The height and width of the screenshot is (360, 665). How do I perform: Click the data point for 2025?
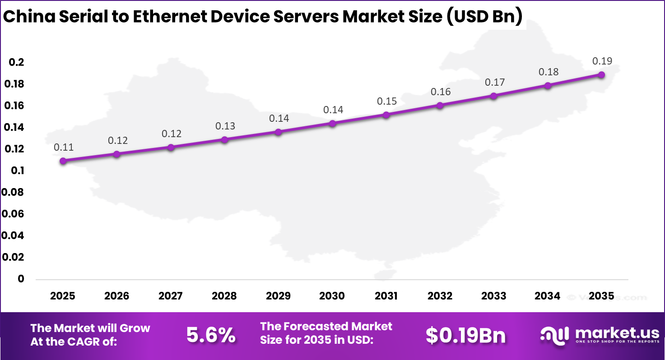click(x=63, y=161)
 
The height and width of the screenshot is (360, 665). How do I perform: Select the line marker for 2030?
click(x=332, y=123)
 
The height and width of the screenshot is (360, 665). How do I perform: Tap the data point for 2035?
click(x=601, y=74)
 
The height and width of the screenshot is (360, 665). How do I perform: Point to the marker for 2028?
click(x=224, y=139)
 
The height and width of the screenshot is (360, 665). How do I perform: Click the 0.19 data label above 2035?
click(x=602, y=61)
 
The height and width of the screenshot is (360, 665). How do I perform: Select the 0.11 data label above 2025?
click(x=64, y=147)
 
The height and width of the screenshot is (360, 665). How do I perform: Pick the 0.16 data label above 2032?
click(x=440, y=92)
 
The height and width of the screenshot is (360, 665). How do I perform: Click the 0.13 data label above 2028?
click(x=225, y=126)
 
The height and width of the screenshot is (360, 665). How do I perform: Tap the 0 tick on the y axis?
click(x=21, y=279)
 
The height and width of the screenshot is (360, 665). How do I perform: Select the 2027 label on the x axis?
click(x=171, y=296)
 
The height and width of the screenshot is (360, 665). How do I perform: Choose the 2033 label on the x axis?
click(x=494, y=296)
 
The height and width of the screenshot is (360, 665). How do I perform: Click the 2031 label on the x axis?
click(x=386, y=296)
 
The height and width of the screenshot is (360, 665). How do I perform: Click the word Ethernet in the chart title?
click(x=175, y=17)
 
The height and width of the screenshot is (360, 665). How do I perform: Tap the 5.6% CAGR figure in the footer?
click(x=211, y=335)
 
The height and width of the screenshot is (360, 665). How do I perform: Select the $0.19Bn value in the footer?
click(x=465, y=335)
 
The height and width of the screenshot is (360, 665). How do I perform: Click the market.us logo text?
click(x=617, y=333)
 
